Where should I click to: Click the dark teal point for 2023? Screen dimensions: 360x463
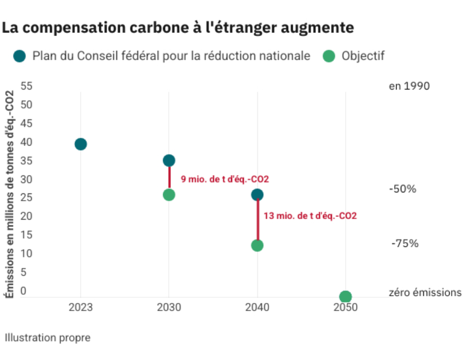[x=80, y=144]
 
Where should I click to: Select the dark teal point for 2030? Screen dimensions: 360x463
[x=169, y=160]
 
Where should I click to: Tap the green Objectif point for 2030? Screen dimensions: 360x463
[x=169, y=194]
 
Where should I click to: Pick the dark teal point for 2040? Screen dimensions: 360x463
[x=257, y=194]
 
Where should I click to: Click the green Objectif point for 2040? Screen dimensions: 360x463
[x=257, y=245]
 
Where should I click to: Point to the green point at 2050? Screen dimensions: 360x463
[x=346, y=297]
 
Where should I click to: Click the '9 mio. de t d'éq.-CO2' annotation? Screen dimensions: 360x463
[x=225, y=179]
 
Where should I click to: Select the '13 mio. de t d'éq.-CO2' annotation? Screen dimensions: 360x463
[x=310, y=216]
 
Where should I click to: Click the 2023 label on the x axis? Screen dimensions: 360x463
[x=80, y=308]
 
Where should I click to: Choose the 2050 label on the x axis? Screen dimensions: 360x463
[x=346, y=308]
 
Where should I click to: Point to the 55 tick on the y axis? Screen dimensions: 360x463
[x=27, y=86]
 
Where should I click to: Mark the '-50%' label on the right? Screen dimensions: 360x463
[x=403, y=189]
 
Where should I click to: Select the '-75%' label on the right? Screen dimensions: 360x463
[x=405, y=244]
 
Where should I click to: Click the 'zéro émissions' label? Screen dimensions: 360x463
[x=425, y=293]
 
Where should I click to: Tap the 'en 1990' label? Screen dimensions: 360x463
[x=409, y=86]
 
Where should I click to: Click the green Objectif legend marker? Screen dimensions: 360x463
[x=329, y=56]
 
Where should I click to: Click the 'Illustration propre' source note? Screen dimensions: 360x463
[x=48, y=338]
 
